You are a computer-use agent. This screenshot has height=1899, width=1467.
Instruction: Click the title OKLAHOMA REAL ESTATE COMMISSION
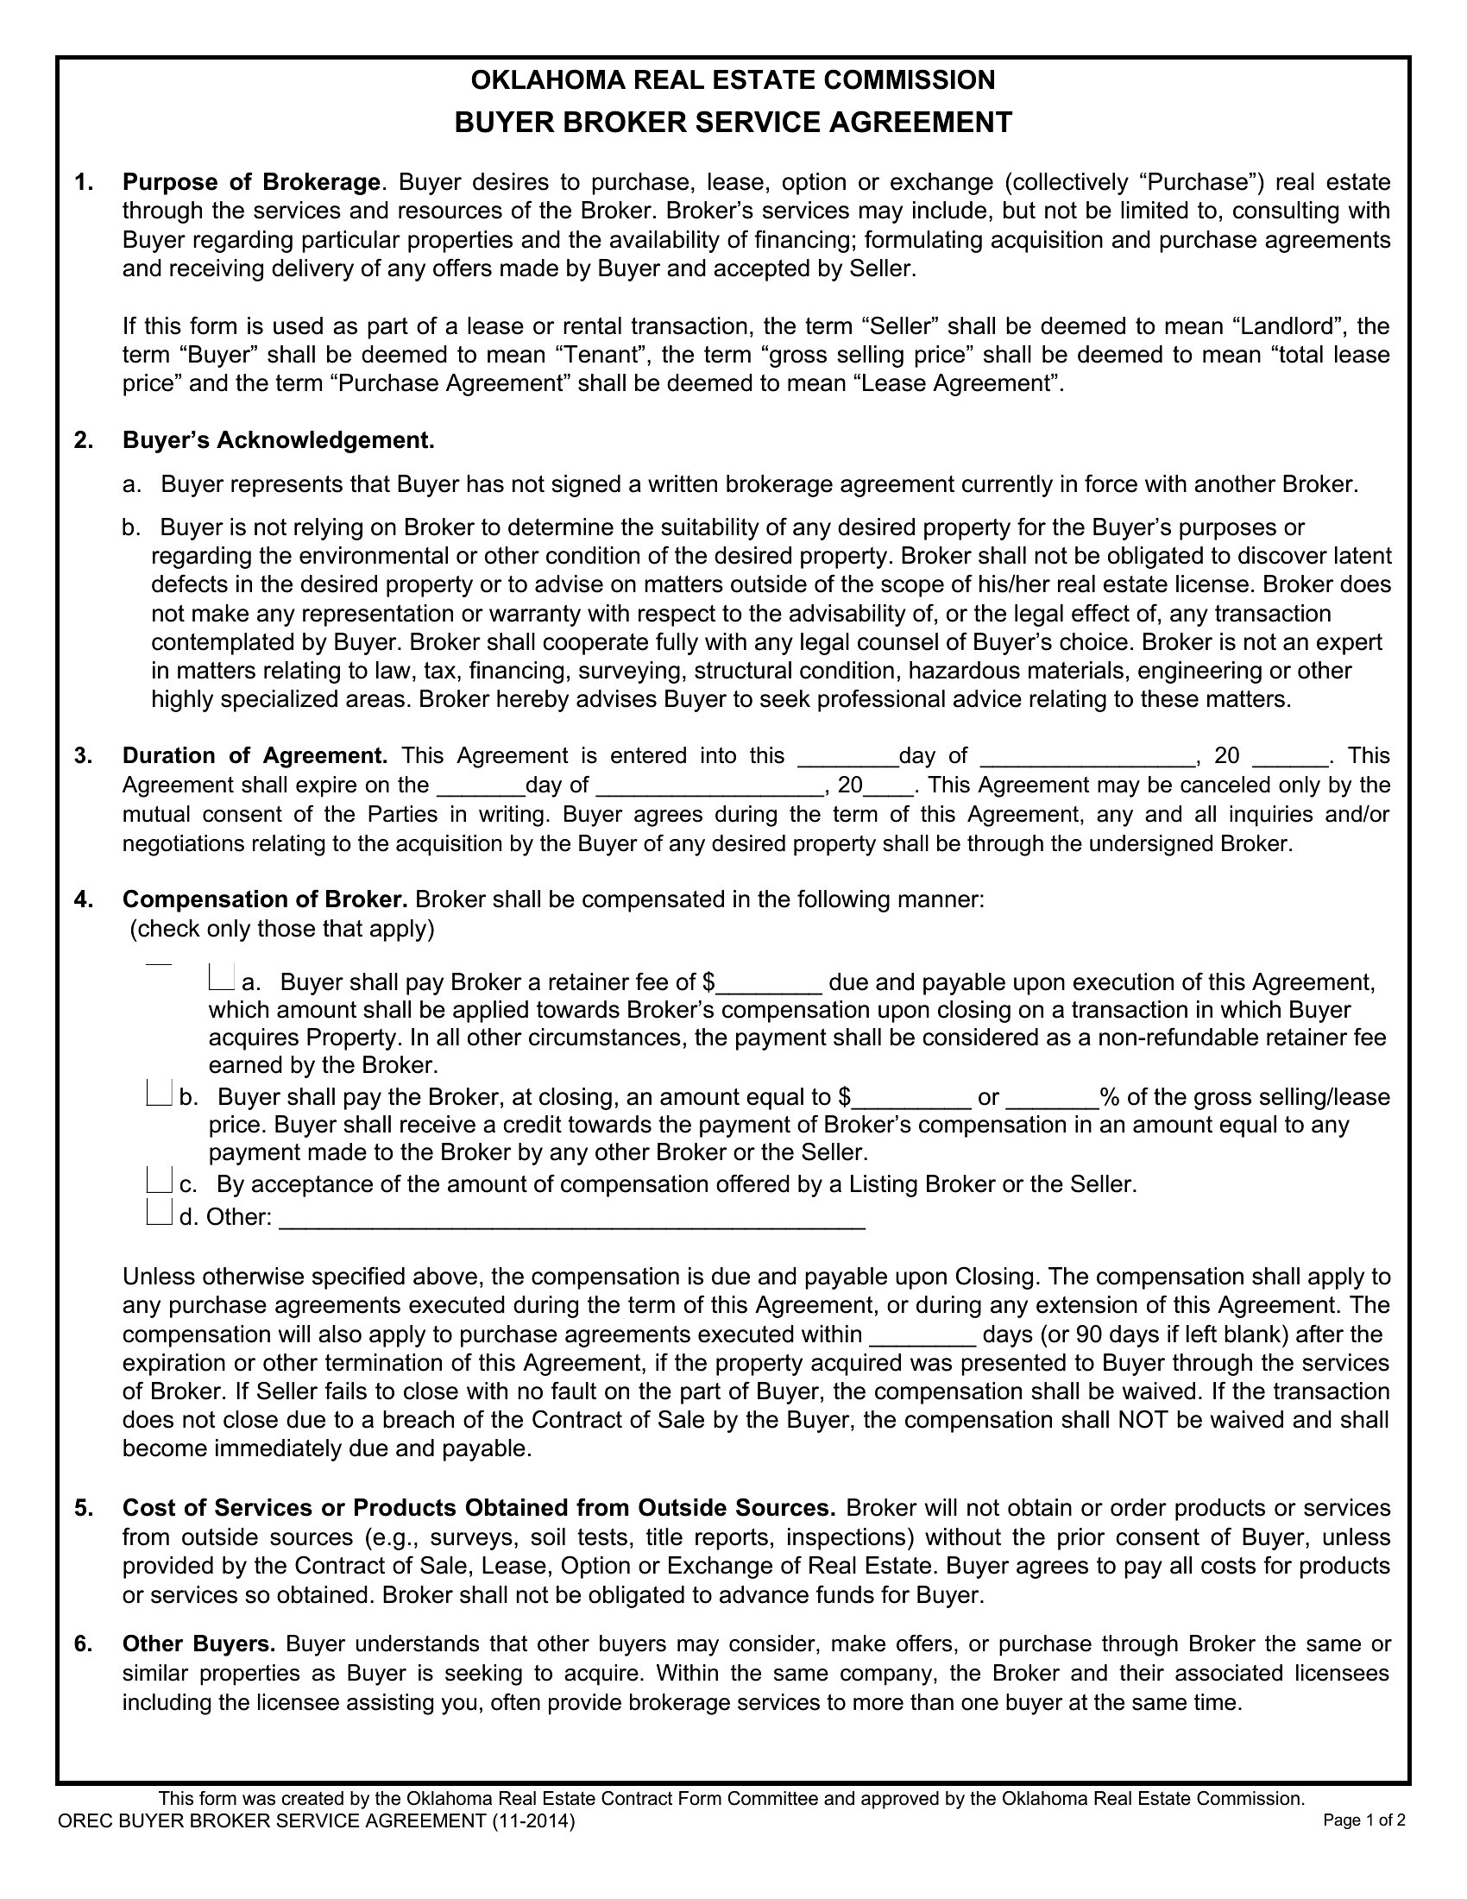[x=733, y=80]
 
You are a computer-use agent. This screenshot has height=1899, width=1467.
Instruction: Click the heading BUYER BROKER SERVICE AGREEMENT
[x=733, y=122]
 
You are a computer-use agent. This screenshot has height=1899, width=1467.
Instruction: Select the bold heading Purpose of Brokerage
[x=251, y=183]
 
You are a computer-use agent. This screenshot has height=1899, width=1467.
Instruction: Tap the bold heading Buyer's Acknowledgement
[x=278, y=441]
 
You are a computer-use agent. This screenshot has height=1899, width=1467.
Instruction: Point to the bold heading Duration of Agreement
[x=255, y=755]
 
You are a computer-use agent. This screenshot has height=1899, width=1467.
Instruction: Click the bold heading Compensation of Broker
[x=265, y=899]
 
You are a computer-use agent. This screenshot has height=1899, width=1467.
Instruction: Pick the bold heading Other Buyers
[x=199, y=1644]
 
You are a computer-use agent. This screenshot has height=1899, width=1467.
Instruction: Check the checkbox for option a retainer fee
[x=221, y=979]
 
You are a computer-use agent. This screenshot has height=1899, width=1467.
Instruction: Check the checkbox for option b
[x=160, y=1094]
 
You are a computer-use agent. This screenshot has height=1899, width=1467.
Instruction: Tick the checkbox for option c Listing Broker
[x=160, y=1180]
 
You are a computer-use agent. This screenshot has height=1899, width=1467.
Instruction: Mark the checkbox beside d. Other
[x=160, y=1213]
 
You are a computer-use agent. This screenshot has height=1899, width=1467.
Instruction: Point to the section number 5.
[x=84, y=1508]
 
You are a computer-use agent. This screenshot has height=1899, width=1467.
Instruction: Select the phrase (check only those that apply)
[x=281, y=930]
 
